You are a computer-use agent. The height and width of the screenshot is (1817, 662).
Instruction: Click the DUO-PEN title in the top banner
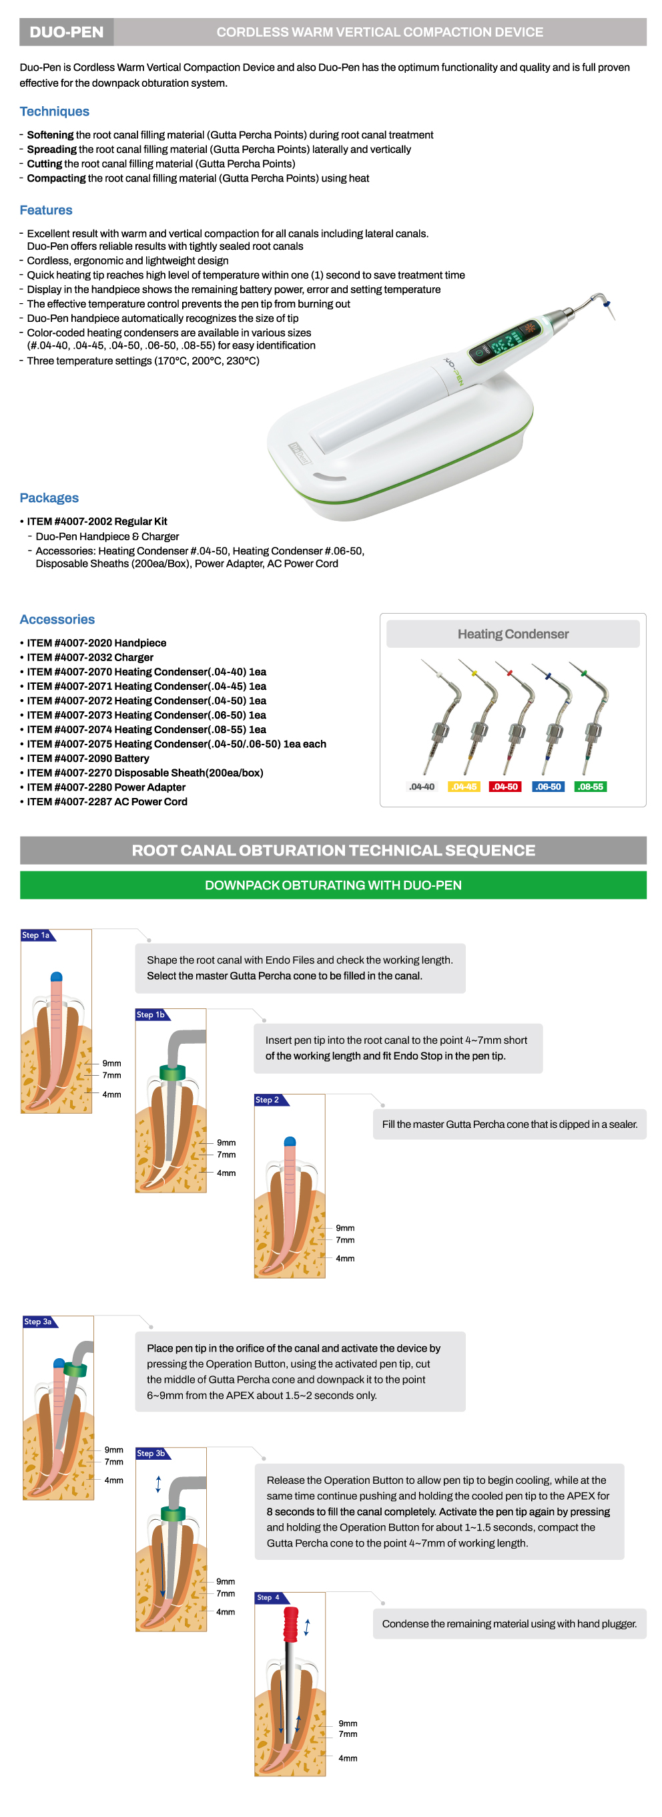tap(66, 32)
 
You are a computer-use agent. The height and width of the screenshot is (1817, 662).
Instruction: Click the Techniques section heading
tap(54, 112)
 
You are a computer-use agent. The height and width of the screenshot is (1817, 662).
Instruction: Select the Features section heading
tap(46, 210)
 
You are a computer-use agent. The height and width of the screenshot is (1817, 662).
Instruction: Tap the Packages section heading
tap(49, 498)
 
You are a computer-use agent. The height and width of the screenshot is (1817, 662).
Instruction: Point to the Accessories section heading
tap(57, 619)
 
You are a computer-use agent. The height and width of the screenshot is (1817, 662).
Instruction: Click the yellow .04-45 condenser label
tap(464, 787)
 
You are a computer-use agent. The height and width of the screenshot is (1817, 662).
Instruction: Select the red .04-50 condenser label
tap(505, 787)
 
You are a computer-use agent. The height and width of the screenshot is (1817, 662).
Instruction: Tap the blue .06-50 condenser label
tap(548, 787)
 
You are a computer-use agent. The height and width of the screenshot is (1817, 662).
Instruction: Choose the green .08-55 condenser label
tap(591, 787)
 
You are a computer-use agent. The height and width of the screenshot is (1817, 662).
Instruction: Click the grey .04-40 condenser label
tap(422, 787)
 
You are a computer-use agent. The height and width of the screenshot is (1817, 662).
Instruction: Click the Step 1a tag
tap(37, 936)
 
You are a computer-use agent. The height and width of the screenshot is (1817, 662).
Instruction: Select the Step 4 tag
tap(270, 1597)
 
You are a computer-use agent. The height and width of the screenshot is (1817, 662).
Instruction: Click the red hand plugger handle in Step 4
tap(290, 1623)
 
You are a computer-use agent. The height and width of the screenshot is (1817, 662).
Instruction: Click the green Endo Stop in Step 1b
tap(172, 1072)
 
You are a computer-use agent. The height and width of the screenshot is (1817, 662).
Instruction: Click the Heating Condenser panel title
tap(513, 634)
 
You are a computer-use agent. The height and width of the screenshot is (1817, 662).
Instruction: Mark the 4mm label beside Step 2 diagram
tap(345, 1258)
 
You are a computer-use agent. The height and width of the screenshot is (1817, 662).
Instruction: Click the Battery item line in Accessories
tap(87, 759)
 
